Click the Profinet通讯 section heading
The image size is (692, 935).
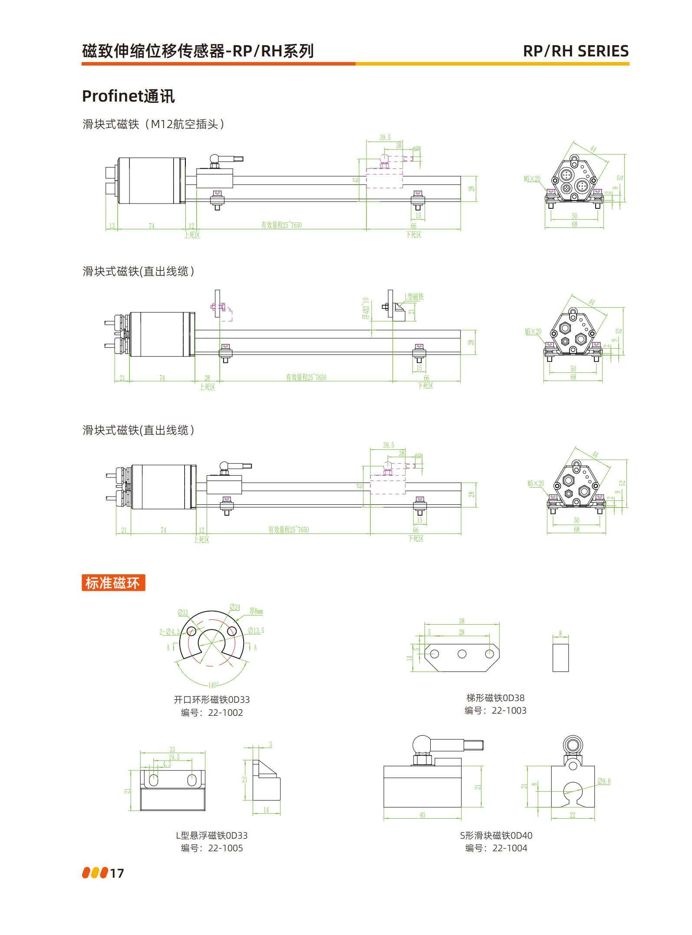tap(128, 96)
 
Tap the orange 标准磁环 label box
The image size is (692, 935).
tap(113, 583)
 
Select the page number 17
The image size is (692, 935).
tap(117, 873)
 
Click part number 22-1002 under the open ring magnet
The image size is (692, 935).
tap(225, 713)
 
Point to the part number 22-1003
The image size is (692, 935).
tap(509, 711)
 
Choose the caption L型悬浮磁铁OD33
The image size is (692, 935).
tap(211, 836)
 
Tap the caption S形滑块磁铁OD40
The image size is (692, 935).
tap(496, 836)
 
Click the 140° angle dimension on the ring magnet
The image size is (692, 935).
tap(213, 685)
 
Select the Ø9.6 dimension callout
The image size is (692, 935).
tap(604, 781)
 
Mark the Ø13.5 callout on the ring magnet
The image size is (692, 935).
tap(256, 631)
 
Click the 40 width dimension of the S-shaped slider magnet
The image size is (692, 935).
tap(422, 815)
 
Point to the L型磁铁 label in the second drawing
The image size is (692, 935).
tap(414, 297)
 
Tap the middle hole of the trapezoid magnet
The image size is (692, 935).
tap(462, 654)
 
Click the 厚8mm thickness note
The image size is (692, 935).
tap(256, 611)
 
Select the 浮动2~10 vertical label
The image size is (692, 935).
tap(366, 308)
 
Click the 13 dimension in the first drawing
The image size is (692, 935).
tap(112, 226)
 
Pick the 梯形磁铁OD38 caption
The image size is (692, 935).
tap(495, 698)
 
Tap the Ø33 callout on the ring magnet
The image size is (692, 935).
tap(183, 613)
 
